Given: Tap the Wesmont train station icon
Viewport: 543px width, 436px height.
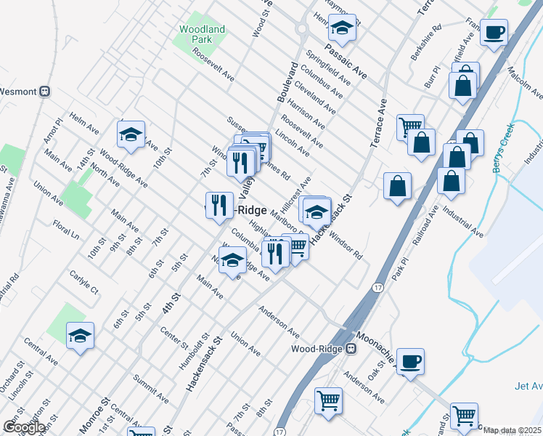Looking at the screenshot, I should pyautogui.click(x=44, y=92).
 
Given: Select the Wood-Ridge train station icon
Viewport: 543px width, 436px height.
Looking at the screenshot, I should pyautogui.click(x=351, y=348).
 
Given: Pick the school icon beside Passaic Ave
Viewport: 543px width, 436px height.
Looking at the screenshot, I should pyautogui.click(x=341, y=28).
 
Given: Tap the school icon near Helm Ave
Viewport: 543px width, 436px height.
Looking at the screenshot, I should pyautogui.click(x=131, y=134).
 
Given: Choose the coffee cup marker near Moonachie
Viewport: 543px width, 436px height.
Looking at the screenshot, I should pyautogui.click(x=411, y=361).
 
